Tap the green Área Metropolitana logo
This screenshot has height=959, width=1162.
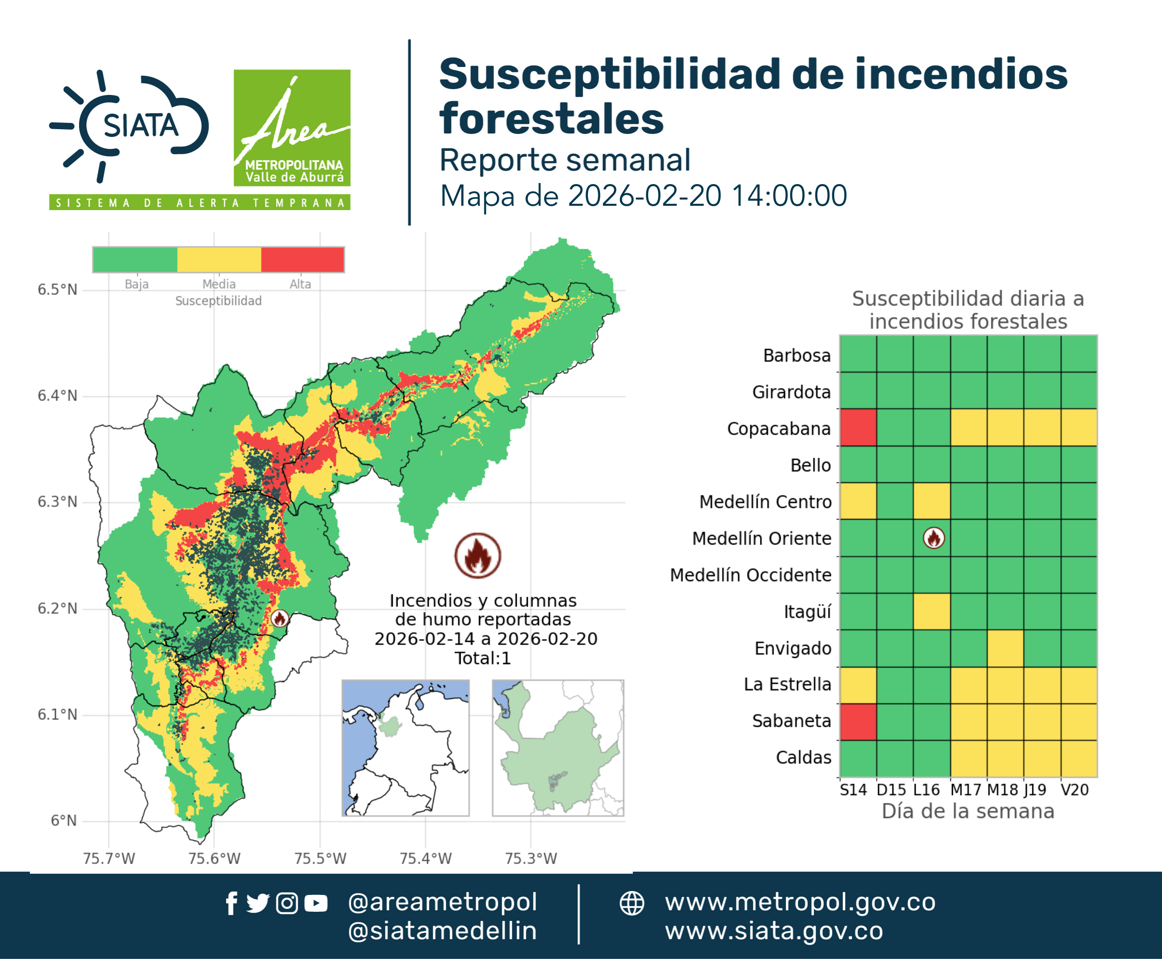[x=292, y=128]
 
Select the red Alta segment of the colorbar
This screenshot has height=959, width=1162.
[x=302, y=260]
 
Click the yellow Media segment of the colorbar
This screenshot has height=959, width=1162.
[x=219, y=260]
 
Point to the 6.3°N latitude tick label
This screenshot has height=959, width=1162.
[x=57, y=502]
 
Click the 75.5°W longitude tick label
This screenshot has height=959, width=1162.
[x=320, y=858]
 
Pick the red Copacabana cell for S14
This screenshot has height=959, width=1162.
[x=858, y=427]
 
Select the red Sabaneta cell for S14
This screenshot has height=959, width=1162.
[x=858, y=721]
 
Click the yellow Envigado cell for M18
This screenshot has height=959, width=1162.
[x=1005, y=648]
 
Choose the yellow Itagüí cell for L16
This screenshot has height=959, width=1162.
[x=932, y=612]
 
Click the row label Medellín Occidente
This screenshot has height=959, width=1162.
[x=750, y=575]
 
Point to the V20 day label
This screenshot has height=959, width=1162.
[x=1075, y=790]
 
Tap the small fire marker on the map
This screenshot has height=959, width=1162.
[x=280, y=618]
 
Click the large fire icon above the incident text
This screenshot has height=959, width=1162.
[x=478, y=555]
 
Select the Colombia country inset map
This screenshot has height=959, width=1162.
[x=405, y=748]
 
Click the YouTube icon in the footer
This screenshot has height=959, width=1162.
[x=316, y=903]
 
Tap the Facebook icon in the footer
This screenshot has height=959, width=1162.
[x=231, y=903]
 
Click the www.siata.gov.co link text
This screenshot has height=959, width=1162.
[x=774, y=931]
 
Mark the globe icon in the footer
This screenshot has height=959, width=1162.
[x=631, y=903]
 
